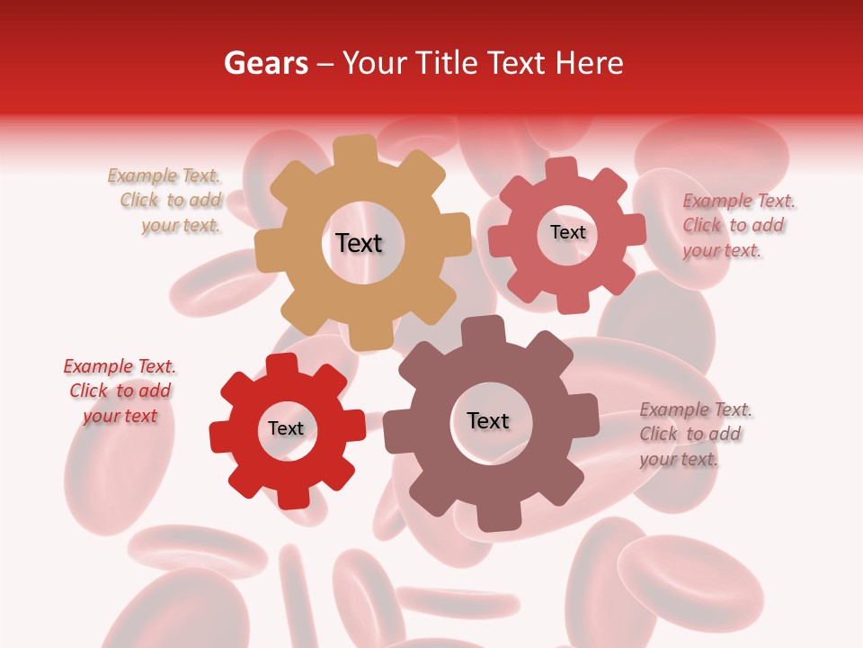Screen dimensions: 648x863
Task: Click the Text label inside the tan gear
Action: (x=359, y=243)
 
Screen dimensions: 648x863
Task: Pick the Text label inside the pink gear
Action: (x=567, y=232)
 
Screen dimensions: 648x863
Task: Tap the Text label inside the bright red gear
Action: (x=286, y=428)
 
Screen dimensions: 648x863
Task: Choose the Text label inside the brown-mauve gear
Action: (x=487, y=420)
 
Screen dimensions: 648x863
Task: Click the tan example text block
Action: (x=167, y=201)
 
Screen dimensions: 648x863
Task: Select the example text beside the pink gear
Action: (x=737, y=225)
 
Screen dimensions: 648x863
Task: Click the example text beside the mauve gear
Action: (x=695, y=434)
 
